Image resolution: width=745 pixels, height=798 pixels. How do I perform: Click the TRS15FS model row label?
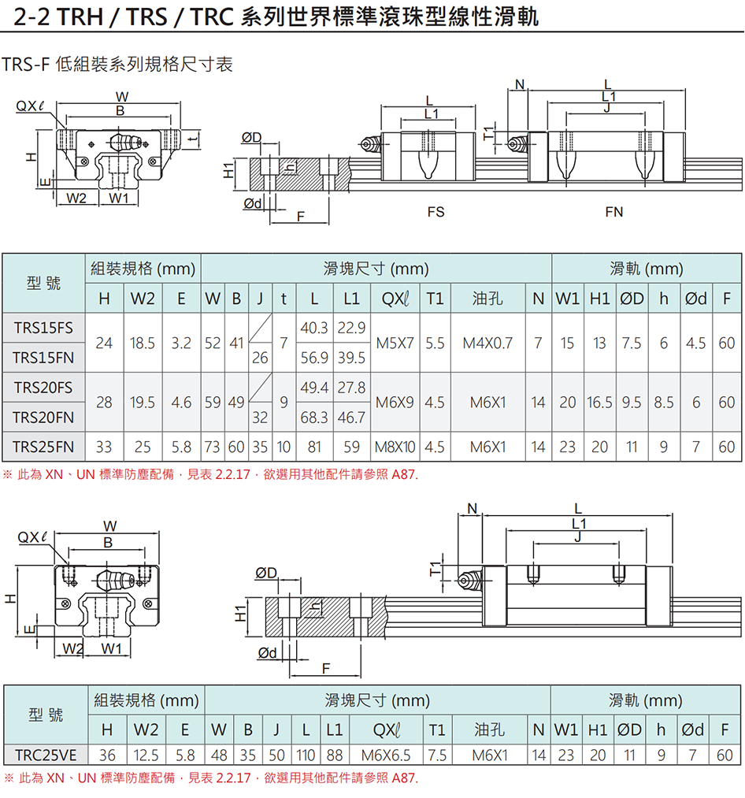43,328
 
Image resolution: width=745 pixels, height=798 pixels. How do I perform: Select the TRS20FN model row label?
43,417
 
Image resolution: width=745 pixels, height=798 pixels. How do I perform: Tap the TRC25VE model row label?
46,755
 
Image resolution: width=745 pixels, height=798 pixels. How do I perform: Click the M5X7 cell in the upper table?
395,343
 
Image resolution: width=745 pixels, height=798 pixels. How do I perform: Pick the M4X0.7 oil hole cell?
487,343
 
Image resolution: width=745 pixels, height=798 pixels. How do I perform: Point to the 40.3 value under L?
314,328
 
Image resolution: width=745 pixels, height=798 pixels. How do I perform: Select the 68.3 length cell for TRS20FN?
314,417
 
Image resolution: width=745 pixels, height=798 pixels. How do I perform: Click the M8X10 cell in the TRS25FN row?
395,447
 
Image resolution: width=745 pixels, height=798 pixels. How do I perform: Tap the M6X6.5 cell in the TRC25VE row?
386,755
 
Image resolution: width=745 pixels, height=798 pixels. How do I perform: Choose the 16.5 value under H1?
599,402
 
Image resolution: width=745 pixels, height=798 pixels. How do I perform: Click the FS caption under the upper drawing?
436,212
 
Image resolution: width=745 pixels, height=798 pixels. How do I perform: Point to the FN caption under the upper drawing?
614,212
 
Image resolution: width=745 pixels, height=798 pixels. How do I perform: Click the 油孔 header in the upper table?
487,299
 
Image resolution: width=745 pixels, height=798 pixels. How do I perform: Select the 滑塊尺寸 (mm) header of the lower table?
377,700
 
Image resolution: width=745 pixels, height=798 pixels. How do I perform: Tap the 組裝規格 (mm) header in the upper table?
143,269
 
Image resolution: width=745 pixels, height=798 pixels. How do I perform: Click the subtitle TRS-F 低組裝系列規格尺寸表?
118,65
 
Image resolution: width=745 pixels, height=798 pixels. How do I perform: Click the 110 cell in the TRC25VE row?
306,755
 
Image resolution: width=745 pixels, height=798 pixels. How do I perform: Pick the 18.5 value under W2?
143,343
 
